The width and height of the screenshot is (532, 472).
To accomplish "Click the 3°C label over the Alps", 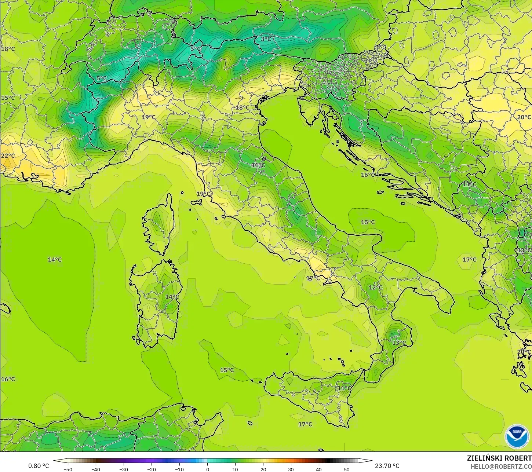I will (266, 39).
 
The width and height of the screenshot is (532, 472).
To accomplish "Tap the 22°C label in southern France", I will (8, 155).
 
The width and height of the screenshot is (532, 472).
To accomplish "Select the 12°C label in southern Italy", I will (375, 288).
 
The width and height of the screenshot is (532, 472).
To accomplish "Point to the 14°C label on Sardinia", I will (172, 297).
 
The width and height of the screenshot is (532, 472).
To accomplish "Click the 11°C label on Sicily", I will (344, 388).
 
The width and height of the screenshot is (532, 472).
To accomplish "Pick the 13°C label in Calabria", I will (399, 343).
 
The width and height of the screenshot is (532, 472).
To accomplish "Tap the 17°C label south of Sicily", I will (305, 424).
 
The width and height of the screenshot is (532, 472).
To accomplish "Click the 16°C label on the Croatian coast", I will (368, 175).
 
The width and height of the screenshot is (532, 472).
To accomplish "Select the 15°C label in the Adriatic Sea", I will (368, 222).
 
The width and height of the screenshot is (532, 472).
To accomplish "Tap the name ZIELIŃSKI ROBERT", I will (499, 458).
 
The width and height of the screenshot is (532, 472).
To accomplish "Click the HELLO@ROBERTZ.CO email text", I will (501, 466).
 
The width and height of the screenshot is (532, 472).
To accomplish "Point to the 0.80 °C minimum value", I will (39, 466).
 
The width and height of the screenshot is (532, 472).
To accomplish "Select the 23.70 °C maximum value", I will (387, 466).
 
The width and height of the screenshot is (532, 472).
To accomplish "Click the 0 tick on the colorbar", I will (207, 469).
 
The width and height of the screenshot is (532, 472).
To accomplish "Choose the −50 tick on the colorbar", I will (68, 469).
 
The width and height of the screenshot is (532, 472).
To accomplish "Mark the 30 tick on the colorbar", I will (291, 469).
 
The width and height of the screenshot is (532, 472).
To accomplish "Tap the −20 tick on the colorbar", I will (152, 469).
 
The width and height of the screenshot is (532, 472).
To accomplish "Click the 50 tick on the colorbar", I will (347, 469).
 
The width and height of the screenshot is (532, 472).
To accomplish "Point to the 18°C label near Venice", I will (242, 107).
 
